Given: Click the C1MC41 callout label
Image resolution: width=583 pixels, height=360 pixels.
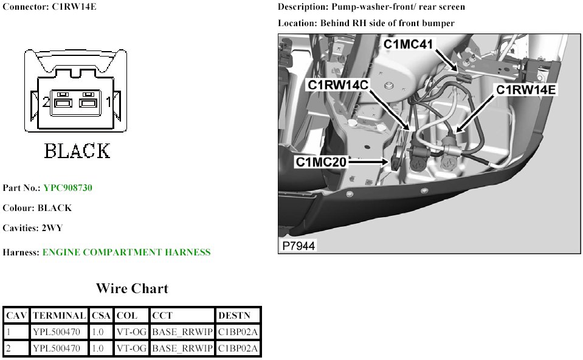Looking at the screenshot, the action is coord(408,44).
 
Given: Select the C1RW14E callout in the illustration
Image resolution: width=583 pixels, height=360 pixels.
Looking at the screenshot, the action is coord(526,90).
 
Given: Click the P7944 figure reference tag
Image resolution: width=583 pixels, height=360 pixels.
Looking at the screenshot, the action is coord(298,247).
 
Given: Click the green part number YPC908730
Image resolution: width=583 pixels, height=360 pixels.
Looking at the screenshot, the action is coord(67,188).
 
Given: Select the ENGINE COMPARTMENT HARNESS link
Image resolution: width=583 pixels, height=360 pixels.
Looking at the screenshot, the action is coord(126,252).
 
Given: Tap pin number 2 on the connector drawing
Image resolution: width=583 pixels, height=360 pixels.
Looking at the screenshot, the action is coord(46,102).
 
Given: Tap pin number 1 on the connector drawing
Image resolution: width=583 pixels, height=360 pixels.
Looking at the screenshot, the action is coord(109,102).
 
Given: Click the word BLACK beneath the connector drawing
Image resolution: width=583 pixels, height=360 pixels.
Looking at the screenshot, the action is coord(77,151).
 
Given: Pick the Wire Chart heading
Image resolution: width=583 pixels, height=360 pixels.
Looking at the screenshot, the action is coord(132,288).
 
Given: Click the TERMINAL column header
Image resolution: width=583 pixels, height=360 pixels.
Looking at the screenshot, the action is coord(59,316).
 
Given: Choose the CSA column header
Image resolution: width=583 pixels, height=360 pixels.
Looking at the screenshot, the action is coord(102,316).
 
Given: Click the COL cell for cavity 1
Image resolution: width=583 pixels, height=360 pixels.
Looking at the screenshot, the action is coord(131,332).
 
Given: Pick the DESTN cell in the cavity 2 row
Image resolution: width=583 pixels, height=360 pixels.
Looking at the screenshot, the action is coord(238,348).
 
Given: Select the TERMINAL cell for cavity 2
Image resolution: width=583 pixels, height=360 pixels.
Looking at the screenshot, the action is coord(59,348).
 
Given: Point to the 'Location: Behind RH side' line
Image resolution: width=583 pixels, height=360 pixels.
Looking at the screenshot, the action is coord(366,23).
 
